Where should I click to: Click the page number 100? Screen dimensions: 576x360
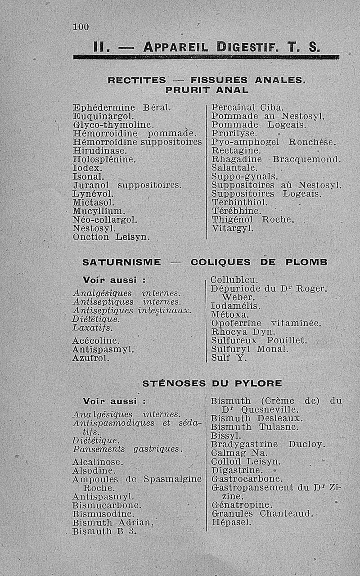(x=81, y=27)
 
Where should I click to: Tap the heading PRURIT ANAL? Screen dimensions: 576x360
(x=207, y=90)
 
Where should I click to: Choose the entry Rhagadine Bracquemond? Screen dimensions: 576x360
(x=276, y=159)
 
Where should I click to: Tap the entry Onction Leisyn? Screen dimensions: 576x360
(x=111, y=236)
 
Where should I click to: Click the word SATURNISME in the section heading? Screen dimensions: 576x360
(x=122, y=262)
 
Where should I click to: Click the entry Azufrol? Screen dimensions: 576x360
(x=91, y=359)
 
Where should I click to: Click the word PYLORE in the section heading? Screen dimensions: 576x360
(x=259, y=384)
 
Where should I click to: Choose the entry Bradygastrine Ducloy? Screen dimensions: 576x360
(x=267, y=445)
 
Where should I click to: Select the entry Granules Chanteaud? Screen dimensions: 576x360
(x=261, y=513)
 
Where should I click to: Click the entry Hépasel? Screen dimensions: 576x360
(x=231, y=523)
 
